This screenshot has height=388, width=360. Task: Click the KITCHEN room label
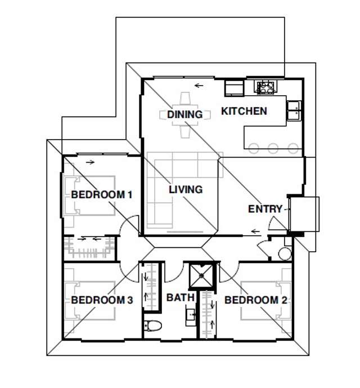[244, 111]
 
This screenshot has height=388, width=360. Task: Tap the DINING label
[184, 115]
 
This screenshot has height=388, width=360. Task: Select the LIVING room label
[186, 190]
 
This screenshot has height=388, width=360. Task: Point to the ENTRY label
[265, 209]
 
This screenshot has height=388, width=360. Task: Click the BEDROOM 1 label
[101, 195]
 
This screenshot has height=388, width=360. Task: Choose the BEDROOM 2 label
[256, 300]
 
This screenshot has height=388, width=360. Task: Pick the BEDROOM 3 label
[102, 300]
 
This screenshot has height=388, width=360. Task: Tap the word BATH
[181, 297]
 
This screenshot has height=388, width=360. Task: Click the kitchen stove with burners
[265, 87]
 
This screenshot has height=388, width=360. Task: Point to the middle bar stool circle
[273, 149]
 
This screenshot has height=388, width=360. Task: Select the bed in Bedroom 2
[270, 301]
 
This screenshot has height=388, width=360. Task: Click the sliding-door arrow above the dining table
[198, 86]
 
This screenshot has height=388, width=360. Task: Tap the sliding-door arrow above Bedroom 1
[91, 163]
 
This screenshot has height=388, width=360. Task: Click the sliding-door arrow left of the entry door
[256, 231]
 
